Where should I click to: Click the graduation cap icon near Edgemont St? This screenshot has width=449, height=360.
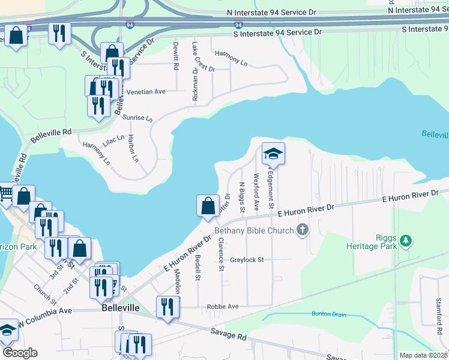pos(273,154)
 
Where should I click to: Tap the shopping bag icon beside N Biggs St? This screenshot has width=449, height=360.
pos(207,206)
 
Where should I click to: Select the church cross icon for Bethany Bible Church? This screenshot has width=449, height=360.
pos(303,229)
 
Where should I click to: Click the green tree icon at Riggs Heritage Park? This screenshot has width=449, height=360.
pos(406,241)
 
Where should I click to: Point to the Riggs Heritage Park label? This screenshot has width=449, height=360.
pos(372,241)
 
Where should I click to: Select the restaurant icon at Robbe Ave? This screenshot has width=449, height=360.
pos(167,307)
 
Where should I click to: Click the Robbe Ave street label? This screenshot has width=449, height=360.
pos(223,307)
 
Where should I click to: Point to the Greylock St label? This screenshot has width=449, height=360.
pos(247,260)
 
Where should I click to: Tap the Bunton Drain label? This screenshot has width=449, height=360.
pos(329,314)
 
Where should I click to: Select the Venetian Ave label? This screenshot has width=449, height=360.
pos(146,92)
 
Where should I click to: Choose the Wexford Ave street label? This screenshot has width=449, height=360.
pos(256,191)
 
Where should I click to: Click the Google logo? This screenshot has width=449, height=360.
pos(20,352)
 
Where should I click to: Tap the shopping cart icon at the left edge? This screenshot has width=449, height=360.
pos(5,193)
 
